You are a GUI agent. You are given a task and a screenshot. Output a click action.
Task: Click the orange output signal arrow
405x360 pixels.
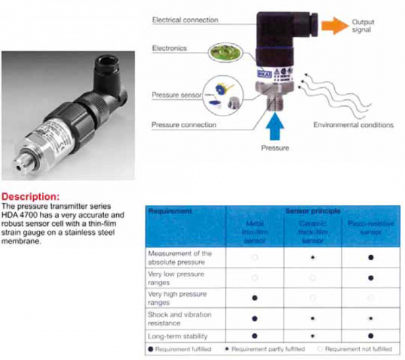[x=331, y=26]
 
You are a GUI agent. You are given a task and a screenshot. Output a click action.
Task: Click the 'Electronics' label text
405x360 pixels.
[x=169, y=48]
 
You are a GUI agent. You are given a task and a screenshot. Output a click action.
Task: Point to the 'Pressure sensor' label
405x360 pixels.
[x=176, y=95]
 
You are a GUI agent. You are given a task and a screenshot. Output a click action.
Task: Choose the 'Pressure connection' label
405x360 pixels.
[x=184, y=125]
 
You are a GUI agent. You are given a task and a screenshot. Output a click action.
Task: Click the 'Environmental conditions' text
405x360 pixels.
[x=353, y=125]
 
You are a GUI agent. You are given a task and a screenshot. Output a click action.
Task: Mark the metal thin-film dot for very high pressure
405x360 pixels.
[x=254, y=298]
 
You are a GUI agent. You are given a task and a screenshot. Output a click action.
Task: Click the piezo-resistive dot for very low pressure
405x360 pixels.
[x=371, y=277]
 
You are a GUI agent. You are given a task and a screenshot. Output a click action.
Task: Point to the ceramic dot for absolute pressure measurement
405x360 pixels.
[x=312, y=257]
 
